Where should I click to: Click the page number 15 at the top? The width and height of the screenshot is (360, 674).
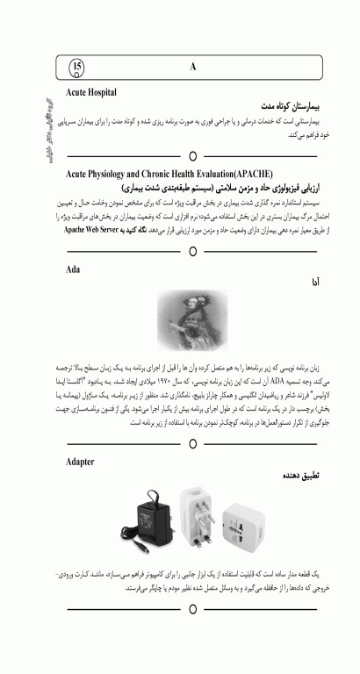(77, 66)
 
